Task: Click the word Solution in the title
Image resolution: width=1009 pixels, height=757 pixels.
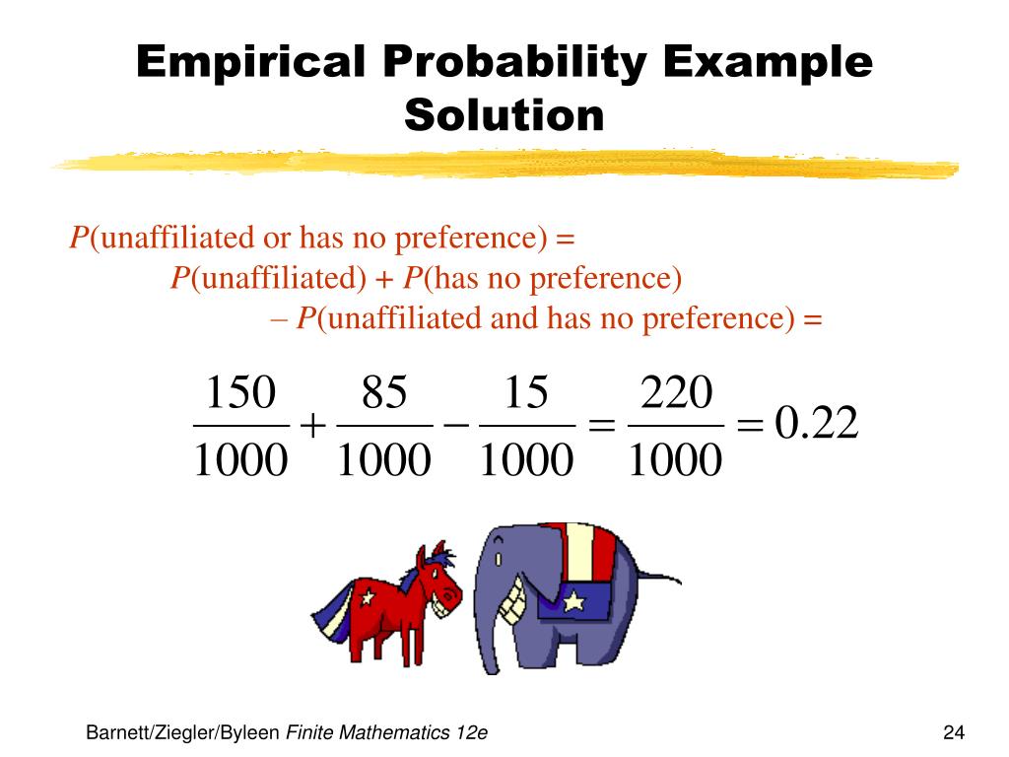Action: tap(504, 115)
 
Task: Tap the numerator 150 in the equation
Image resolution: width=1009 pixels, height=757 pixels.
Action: tap(239, 394)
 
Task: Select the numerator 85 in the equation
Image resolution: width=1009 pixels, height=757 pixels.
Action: tap(384, 394)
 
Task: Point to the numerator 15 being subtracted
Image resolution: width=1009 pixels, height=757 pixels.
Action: tap(525, 394)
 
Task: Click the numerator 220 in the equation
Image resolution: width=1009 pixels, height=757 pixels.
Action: tap(676, 394)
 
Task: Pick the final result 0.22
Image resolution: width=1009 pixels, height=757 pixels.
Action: tap(817, 425)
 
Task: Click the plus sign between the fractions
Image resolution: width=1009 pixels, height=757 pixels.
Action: tap(312, 427)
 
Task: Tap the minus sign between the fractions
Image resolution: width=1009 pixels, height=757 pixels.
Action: tap(455, 425)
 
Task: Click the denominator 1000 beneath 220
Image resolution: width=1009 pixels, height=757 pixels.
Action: tap(676, 460)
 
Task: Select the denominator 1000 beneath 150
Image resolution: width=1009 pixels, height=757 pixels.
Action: tap(239, 460)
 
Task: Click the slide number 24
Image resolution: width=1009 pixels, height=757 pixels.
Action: tap(953, 732)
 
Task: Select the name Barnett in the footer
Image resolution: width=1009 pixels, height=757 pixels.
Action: tap(117, 732)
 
